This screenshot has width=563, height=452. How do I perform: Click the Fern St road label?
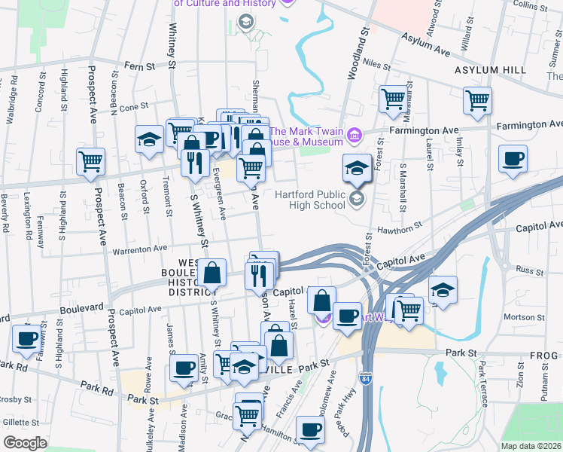[138, 66]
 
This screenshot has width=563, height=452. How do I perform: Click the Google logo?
[24, 443]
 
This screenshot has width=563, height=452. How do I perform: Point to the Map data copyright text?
[531, 445]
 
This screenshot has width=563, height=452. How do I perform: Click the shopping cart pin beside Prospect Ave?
[90, 160]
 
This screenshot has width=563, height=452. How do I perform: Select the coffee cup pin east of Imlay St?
[513, 159]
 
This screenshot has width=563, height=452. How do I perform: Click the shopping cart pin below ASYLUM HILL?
[478, 99]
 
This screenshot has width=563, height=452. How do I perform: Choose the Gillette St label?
[16, 423]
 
